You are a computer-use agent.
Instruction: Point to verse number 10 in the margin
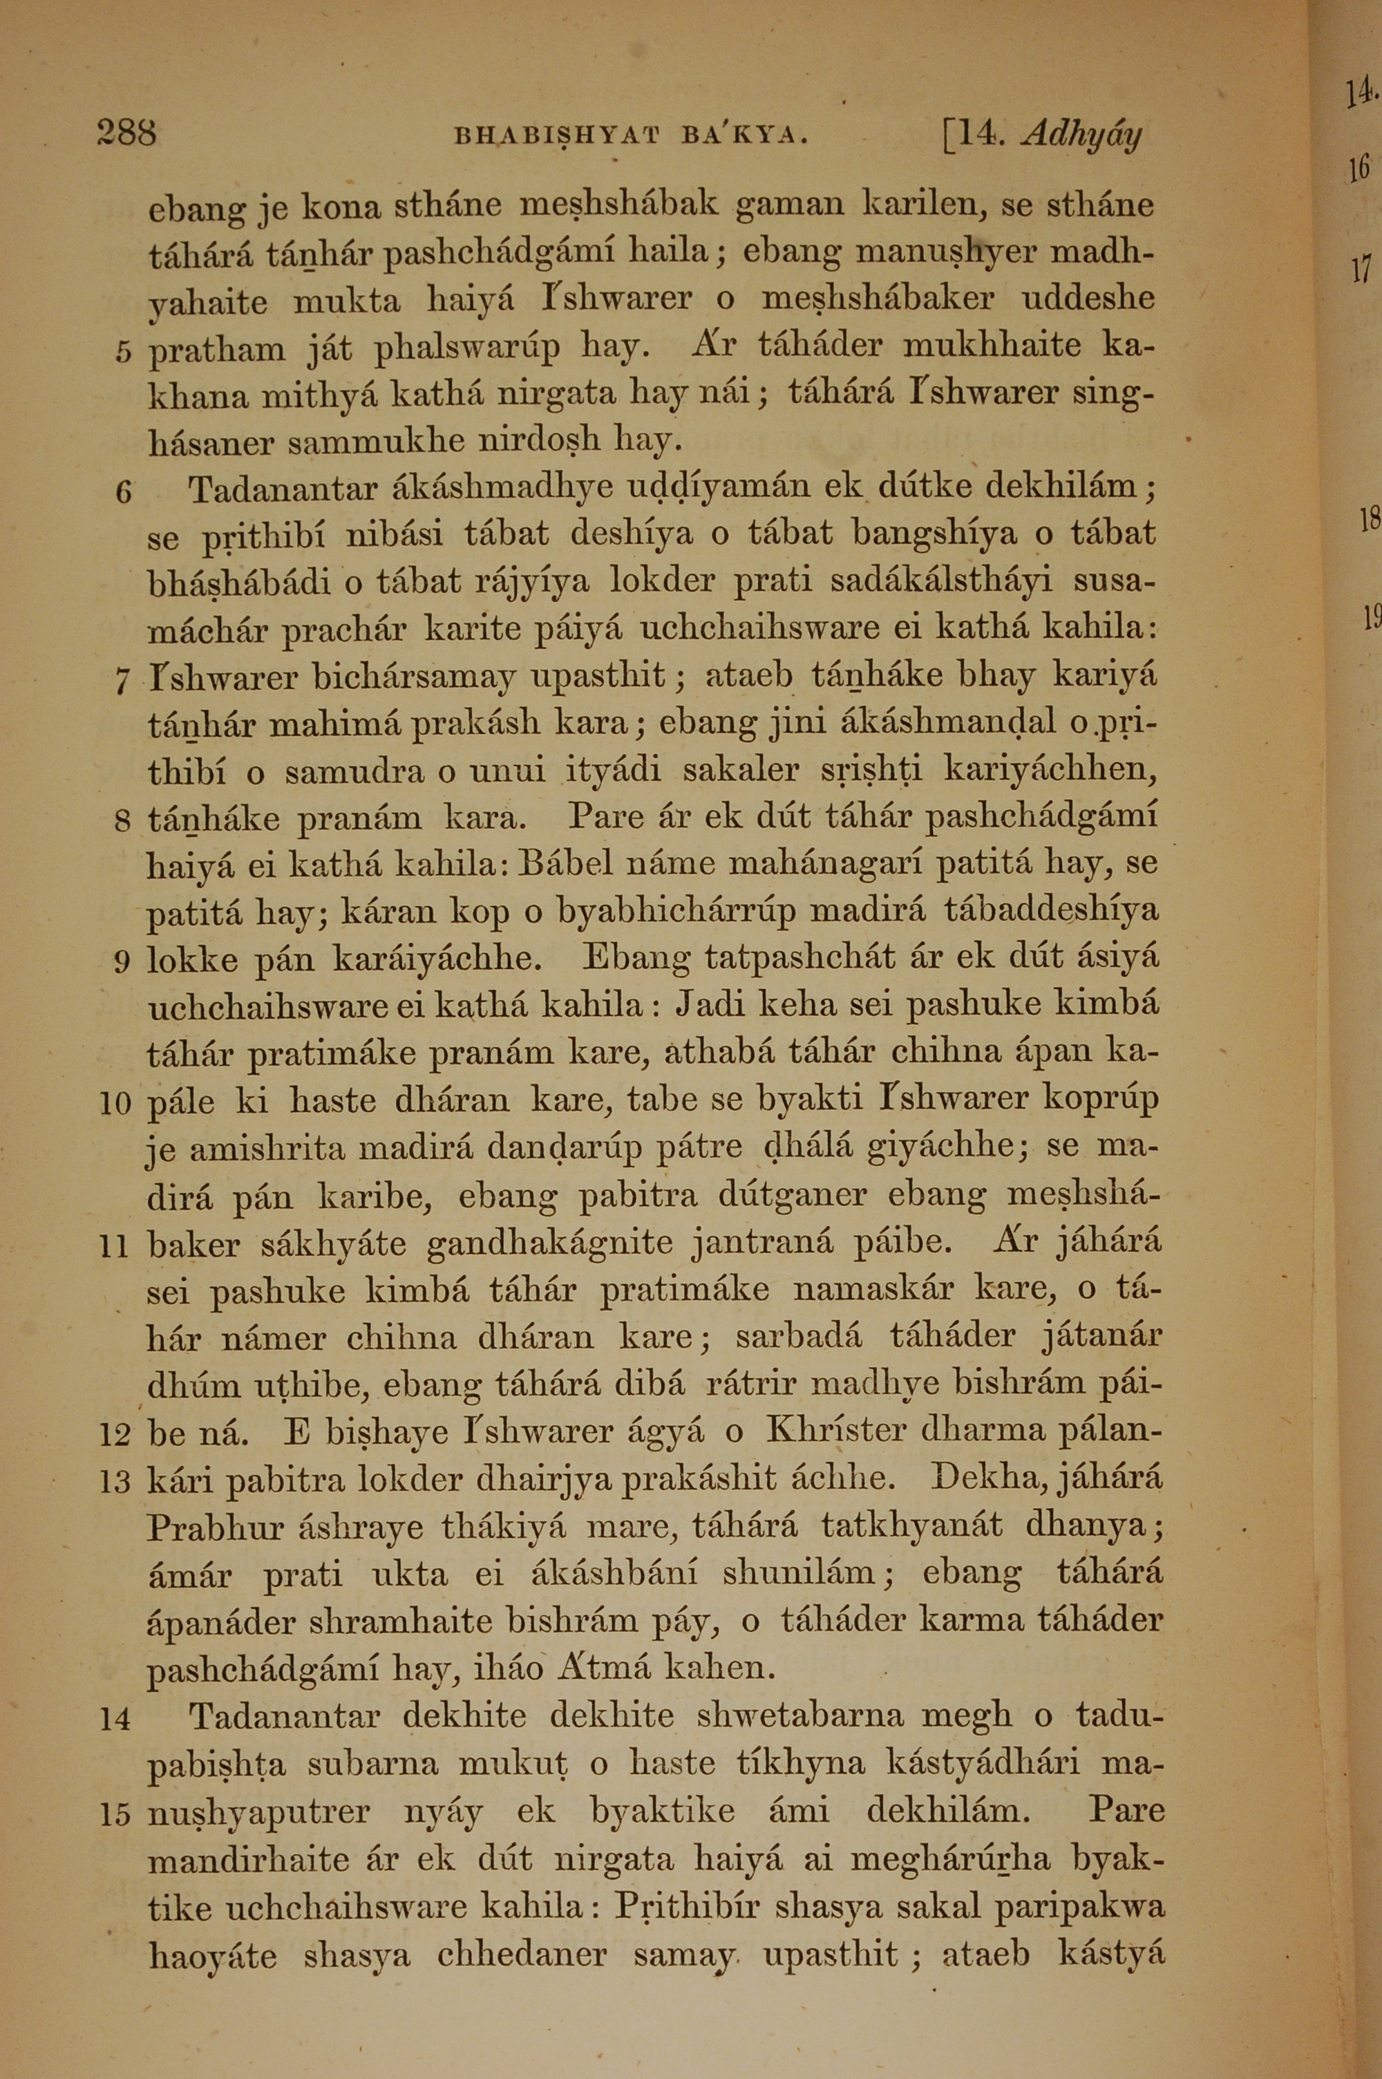(115, 1102)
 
